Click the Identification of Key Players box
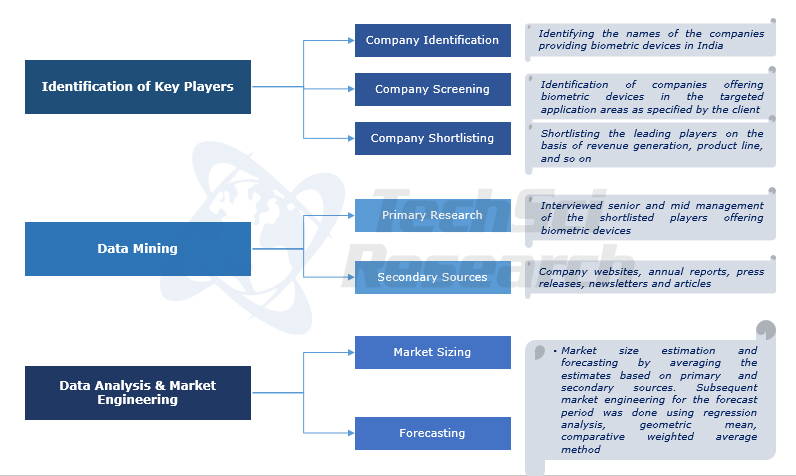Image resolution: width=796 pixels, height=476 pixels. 138,87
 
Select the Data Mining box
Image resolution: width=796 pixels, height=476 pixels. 138,249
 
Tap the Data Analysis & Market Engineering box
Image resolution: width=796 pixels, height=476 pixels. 138,393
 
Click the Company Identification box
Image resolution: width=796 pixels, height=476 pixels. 432,41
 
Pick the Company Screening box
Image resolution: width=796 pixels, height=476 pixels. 432,90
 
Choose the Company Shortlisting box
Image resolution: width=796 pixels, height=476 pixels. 432,138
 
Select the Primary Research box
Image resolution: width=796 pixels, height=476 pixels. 432,216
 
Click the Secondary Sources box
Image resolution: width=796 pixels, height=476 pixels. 432,277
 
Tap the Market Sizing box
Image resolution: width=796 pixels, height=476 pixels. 432,352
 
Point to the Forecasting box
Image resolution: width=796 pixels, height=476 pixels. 432,433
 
